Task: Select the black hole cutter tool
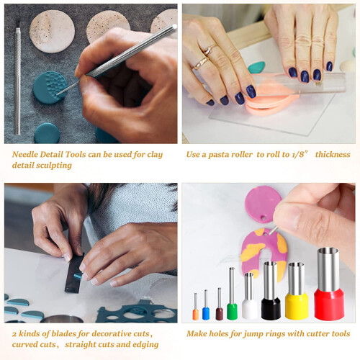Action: pyautogui.click(x=271, y=291)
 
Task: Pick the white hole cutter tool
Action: pyautogui.click(x=249, y=297)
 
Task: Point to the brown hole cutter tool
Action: pyautogui.click(x=220, y=305)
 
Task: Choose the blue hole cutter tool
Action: pyautogui.click(x=206, y=305)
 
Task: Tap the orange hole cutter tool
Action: pyautogui.click(x=196, y=307)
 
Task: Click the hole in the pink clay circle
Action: pyautogui.click(x=264, y=218)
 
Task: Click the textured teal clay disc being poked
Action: pyautogui.click(x=50, y=87)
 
